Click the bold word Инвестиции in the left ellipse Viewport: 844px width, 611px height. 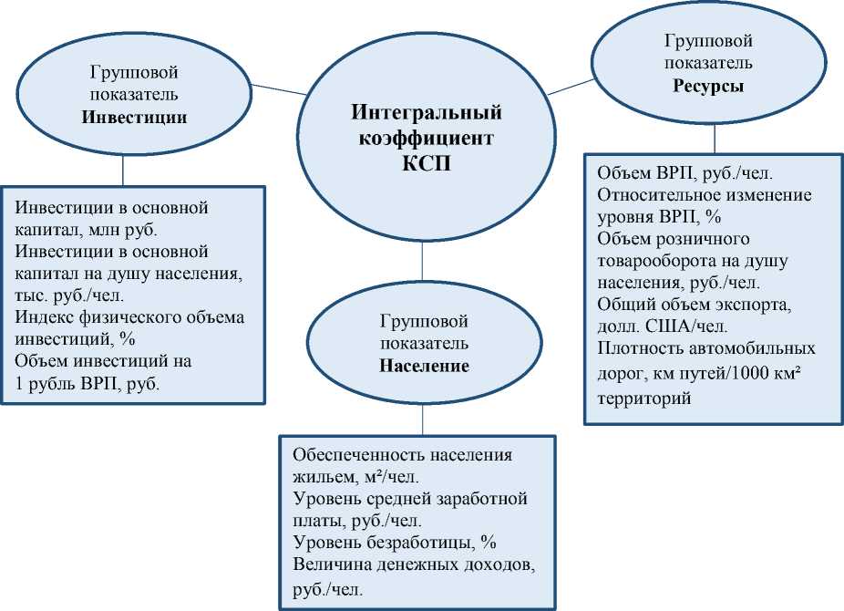[134, 118]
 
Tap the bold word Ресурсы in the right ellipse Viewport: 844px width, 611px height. [708, 87]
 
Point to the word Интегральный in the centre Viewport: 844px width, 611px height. [427, 113]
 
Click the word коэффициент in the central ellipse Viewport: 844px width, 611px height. [427, 139]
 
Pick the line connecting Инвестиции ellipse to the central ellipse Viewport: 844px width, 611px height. [280, 88]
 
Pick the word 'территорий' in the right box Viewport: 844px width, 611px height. [644, 398]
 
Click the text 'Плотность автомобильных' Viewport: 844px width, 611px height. [706, 348]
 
